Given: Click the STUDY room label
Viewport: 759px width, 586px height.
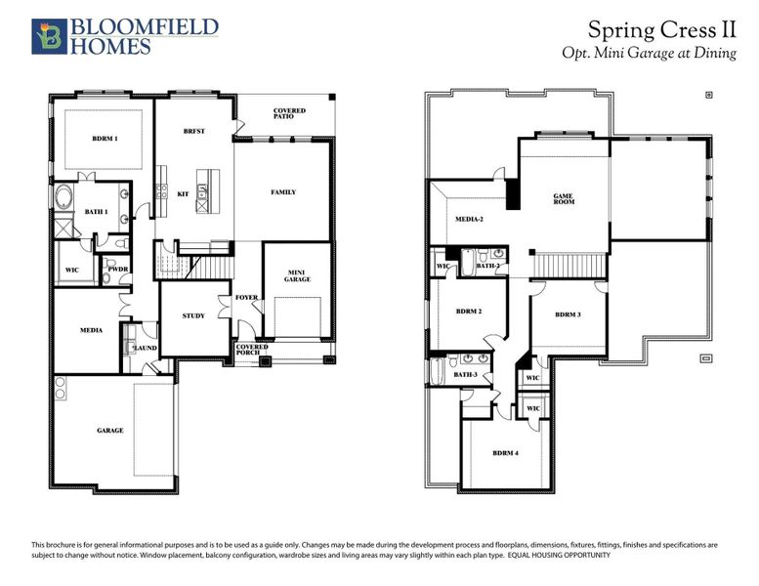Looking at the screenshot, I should click(x=193, y=315).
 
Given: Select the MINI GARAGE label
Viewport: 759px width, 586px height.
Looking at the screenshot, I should click(x=297, y=275).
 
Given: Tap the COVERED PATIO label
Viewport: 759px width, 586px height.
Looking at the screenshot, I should click(x=288, y=115).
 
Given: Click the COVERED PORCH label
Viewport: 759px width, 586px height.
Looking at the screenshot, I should click(x=251, y=351).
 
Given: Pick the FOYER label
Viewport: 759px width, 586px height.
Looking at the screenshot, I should click(x=246, y=298).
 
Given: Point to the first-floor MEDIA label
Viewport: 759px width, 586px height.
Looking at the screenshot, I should click(x=91, y=330).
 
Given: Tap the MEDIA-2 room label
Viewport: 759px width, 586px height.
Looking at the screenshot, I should click(x=470, y=219).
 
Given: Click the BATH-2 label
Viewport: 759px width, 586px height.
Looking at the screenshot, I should click(x=488, y=265).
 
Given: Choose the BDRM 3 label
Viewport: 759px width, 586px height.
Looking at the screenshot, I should click(x=568, y=314).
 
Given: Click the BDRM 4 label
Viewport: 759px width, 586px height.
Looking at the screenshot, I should click(x=505, y=452).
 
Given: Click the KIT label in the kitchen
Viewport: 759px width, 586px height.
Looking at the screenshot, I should click(x=183, y=193).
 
